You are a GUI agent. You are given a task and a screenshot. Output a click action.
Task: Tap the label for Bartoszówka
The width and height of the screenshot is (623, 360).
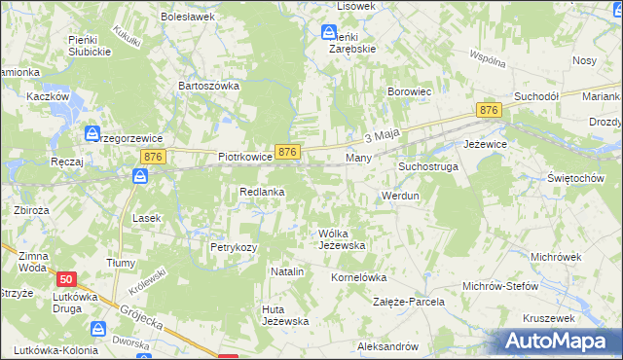pos(208,86)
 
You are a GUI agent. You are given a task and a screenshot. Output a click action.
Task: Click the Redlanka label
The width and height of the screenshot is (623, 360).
pos(262,193)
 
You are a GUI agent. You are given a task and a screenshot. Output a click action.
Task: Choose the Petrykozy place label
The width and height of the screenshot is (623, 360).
pos(234,247)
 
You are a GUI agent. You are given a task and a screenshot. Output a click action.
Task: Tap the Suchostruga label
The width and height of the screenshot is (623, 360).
pos(427,167)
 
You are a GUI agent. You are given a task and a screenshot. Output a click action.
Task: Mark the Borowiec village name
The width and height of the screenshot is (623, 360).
pos(410,91)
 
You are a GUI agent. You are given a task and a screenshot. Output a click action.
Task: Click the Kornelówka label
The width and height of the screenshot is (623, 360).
pos(359,277)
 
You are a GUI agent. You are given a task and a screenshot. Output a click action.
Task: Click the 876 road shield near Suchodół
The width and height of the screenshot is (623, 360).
pos(489,112)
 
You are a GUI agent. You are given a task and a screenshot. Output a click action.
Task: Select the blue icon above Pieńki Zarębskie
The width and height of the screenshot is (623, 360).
pos(329,32)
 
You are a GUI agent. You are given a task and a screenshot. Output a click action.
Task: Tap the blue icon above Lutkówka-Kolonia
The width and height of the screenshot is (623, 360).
pos(96,330)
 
